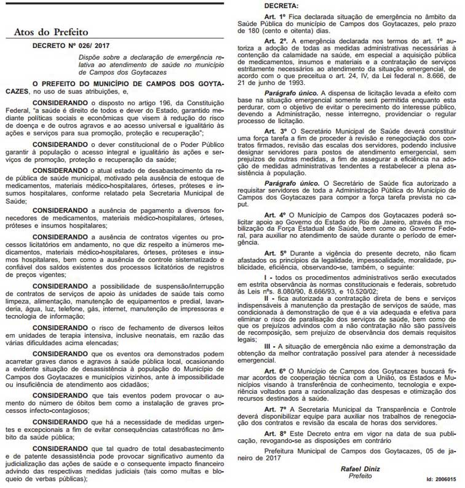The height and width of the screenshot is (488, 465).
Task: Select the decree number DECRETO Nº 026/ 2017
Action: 70,45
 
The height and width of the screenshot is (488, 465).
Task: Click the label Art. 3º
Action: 274,132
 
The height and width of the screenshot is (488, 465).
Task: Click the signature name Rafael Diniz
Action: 356,469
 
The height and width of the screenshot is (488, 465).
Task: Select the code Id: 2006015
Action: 442,478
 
